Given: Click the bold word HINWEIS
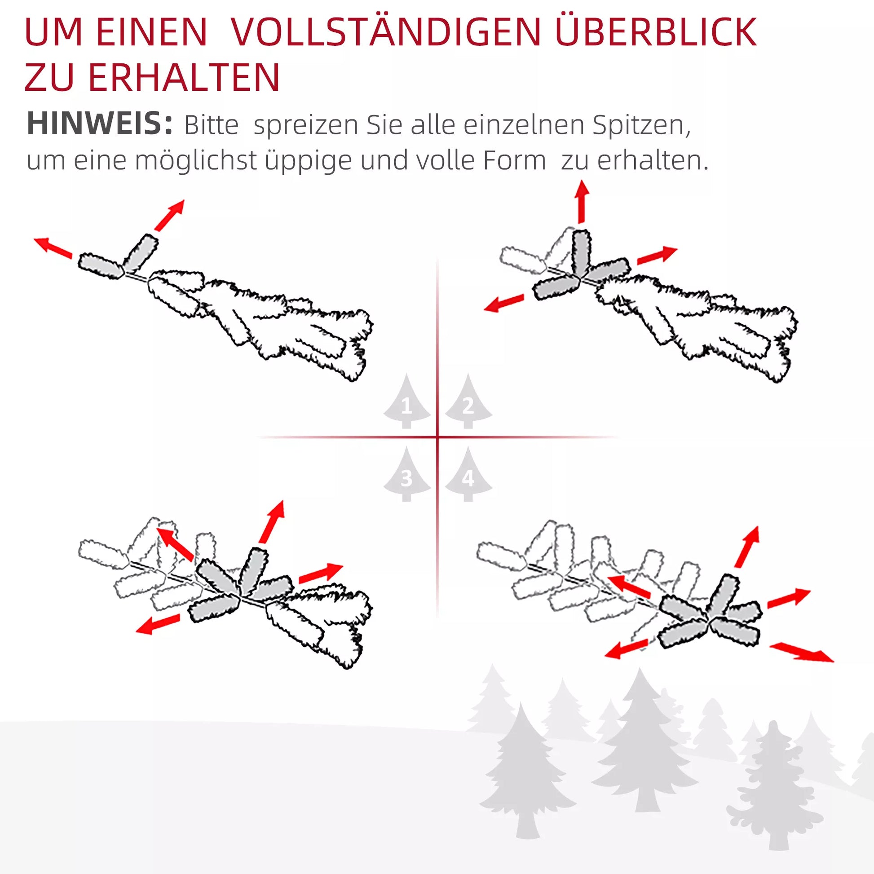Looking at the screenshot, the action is [100, 123].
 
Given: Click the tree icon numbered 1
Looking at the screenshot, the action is [407, 401].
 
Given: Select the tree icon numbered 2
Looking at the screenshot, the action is [468, 401].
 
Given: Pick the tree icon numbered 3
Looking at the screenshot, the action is [407, 474].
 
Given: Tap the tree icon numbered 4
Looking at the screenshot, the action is [468, 474].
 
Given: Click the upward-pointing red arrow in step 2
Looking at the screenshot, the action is [582, 202].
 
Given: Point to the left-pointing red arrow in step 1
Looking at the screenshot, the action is [53, 247].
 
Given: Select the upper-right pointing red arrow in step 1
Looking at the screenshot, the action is [169, 215].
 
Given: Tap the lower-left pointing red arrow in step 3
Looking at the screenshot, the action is [158, 624].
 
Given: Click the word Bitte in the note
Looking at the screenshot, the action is [211, 125].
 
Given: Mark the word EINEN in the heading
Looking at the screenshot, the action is [152, 32].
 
